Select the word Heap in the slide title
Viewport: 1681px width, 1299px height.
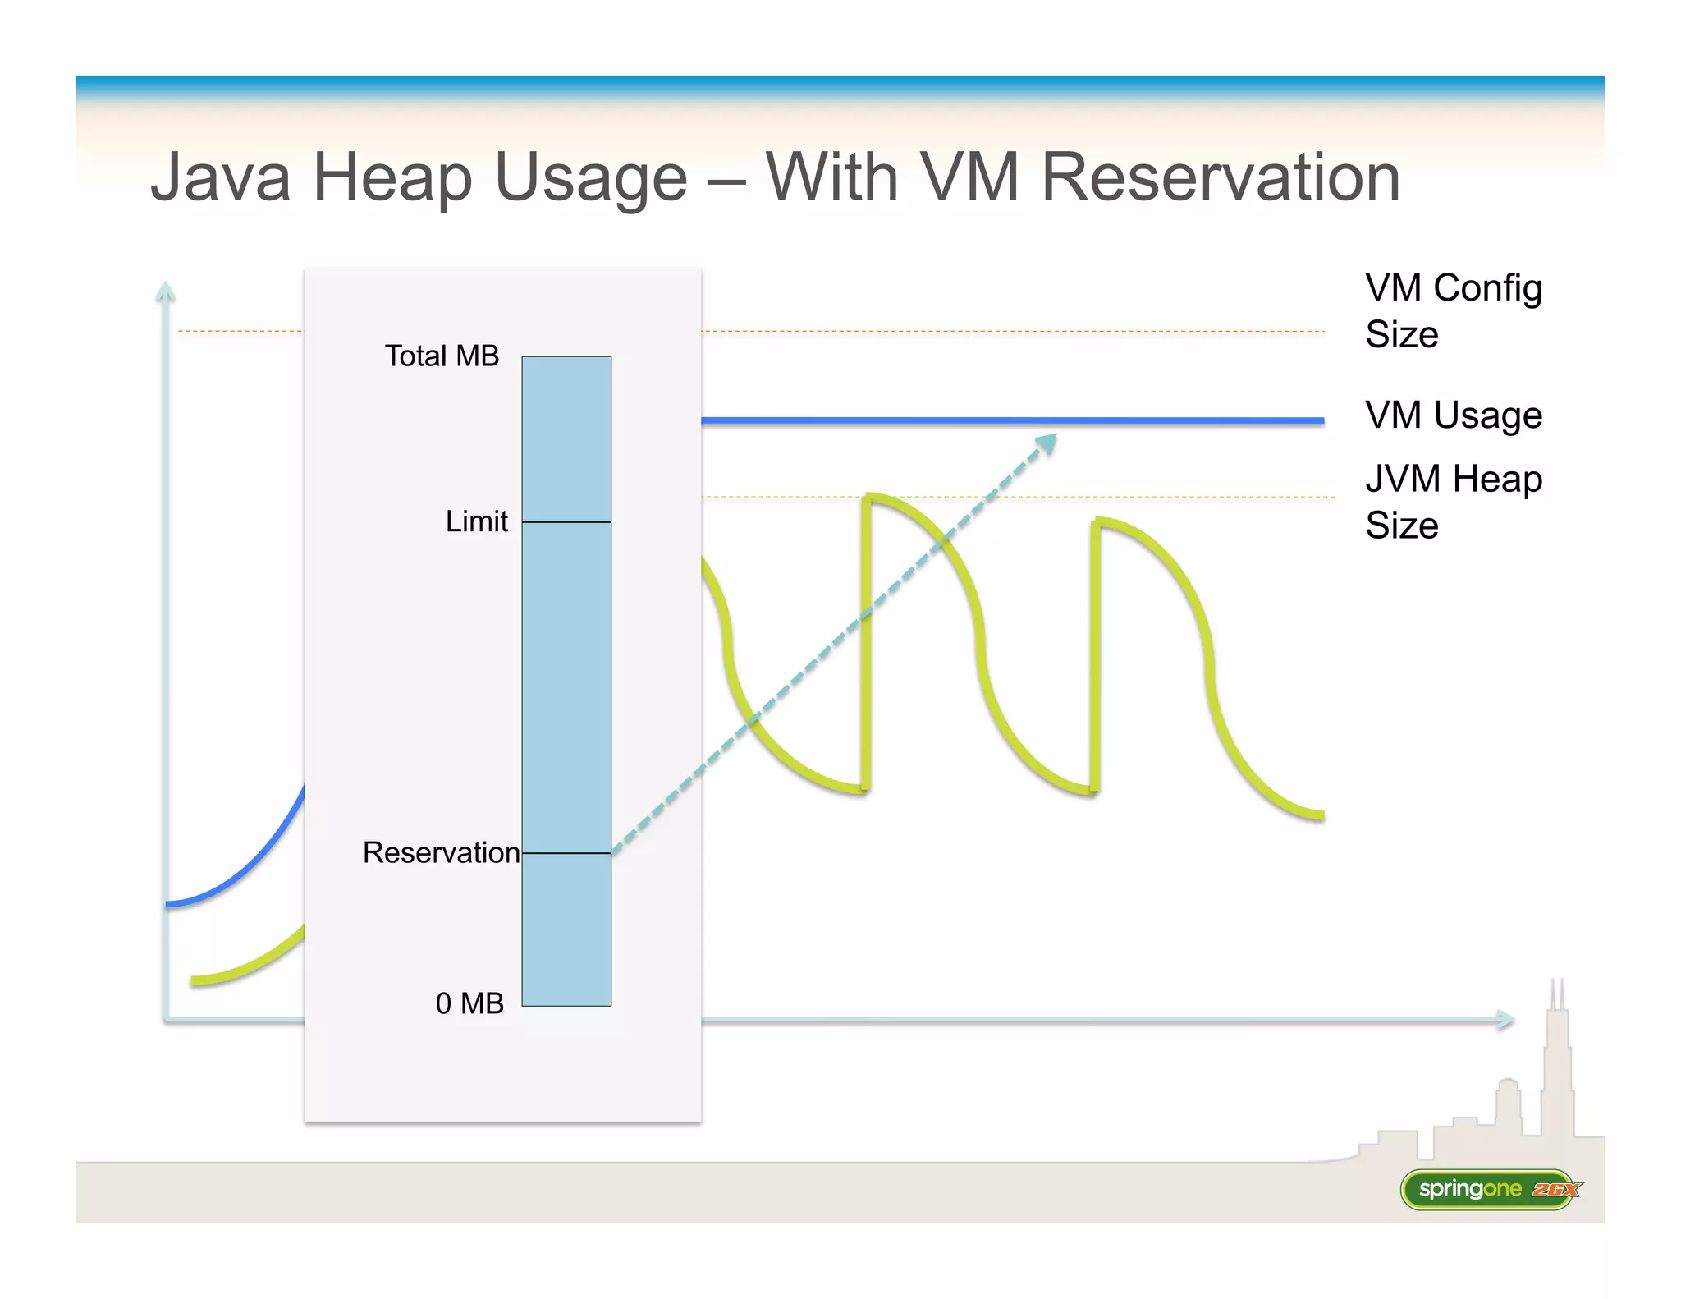click(x=392, y=179)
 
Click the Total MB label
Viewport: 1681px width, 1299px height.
click(x=442, y=356)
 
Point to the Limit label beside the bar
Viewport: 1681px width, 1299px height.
click(x=476, y=521)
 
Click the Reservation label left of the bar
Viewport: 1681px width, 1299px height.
click(x=441, y=852)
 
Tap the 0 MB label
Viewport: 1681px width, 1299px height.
click(x=469, y=1003)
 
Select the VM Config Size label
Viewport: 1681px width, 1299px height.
click(x=1453, y=310)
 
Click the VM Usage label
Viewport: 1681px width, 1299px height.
click(x=1453, y=415)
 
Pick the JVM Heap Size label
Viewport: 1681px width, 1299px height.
click(x=1453, y=501)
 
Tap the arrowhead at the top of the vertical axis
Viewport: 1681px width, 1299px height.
click(x=166, y=291)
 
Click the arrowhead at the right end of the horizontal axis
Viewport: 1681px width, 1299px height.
click(x=1505, y=1020)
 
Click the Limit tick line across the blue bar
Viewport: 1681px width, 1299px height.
click(x=566, y=522)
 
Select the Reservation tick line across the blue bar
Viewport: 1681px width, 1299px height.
click(x=566, y=854)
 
